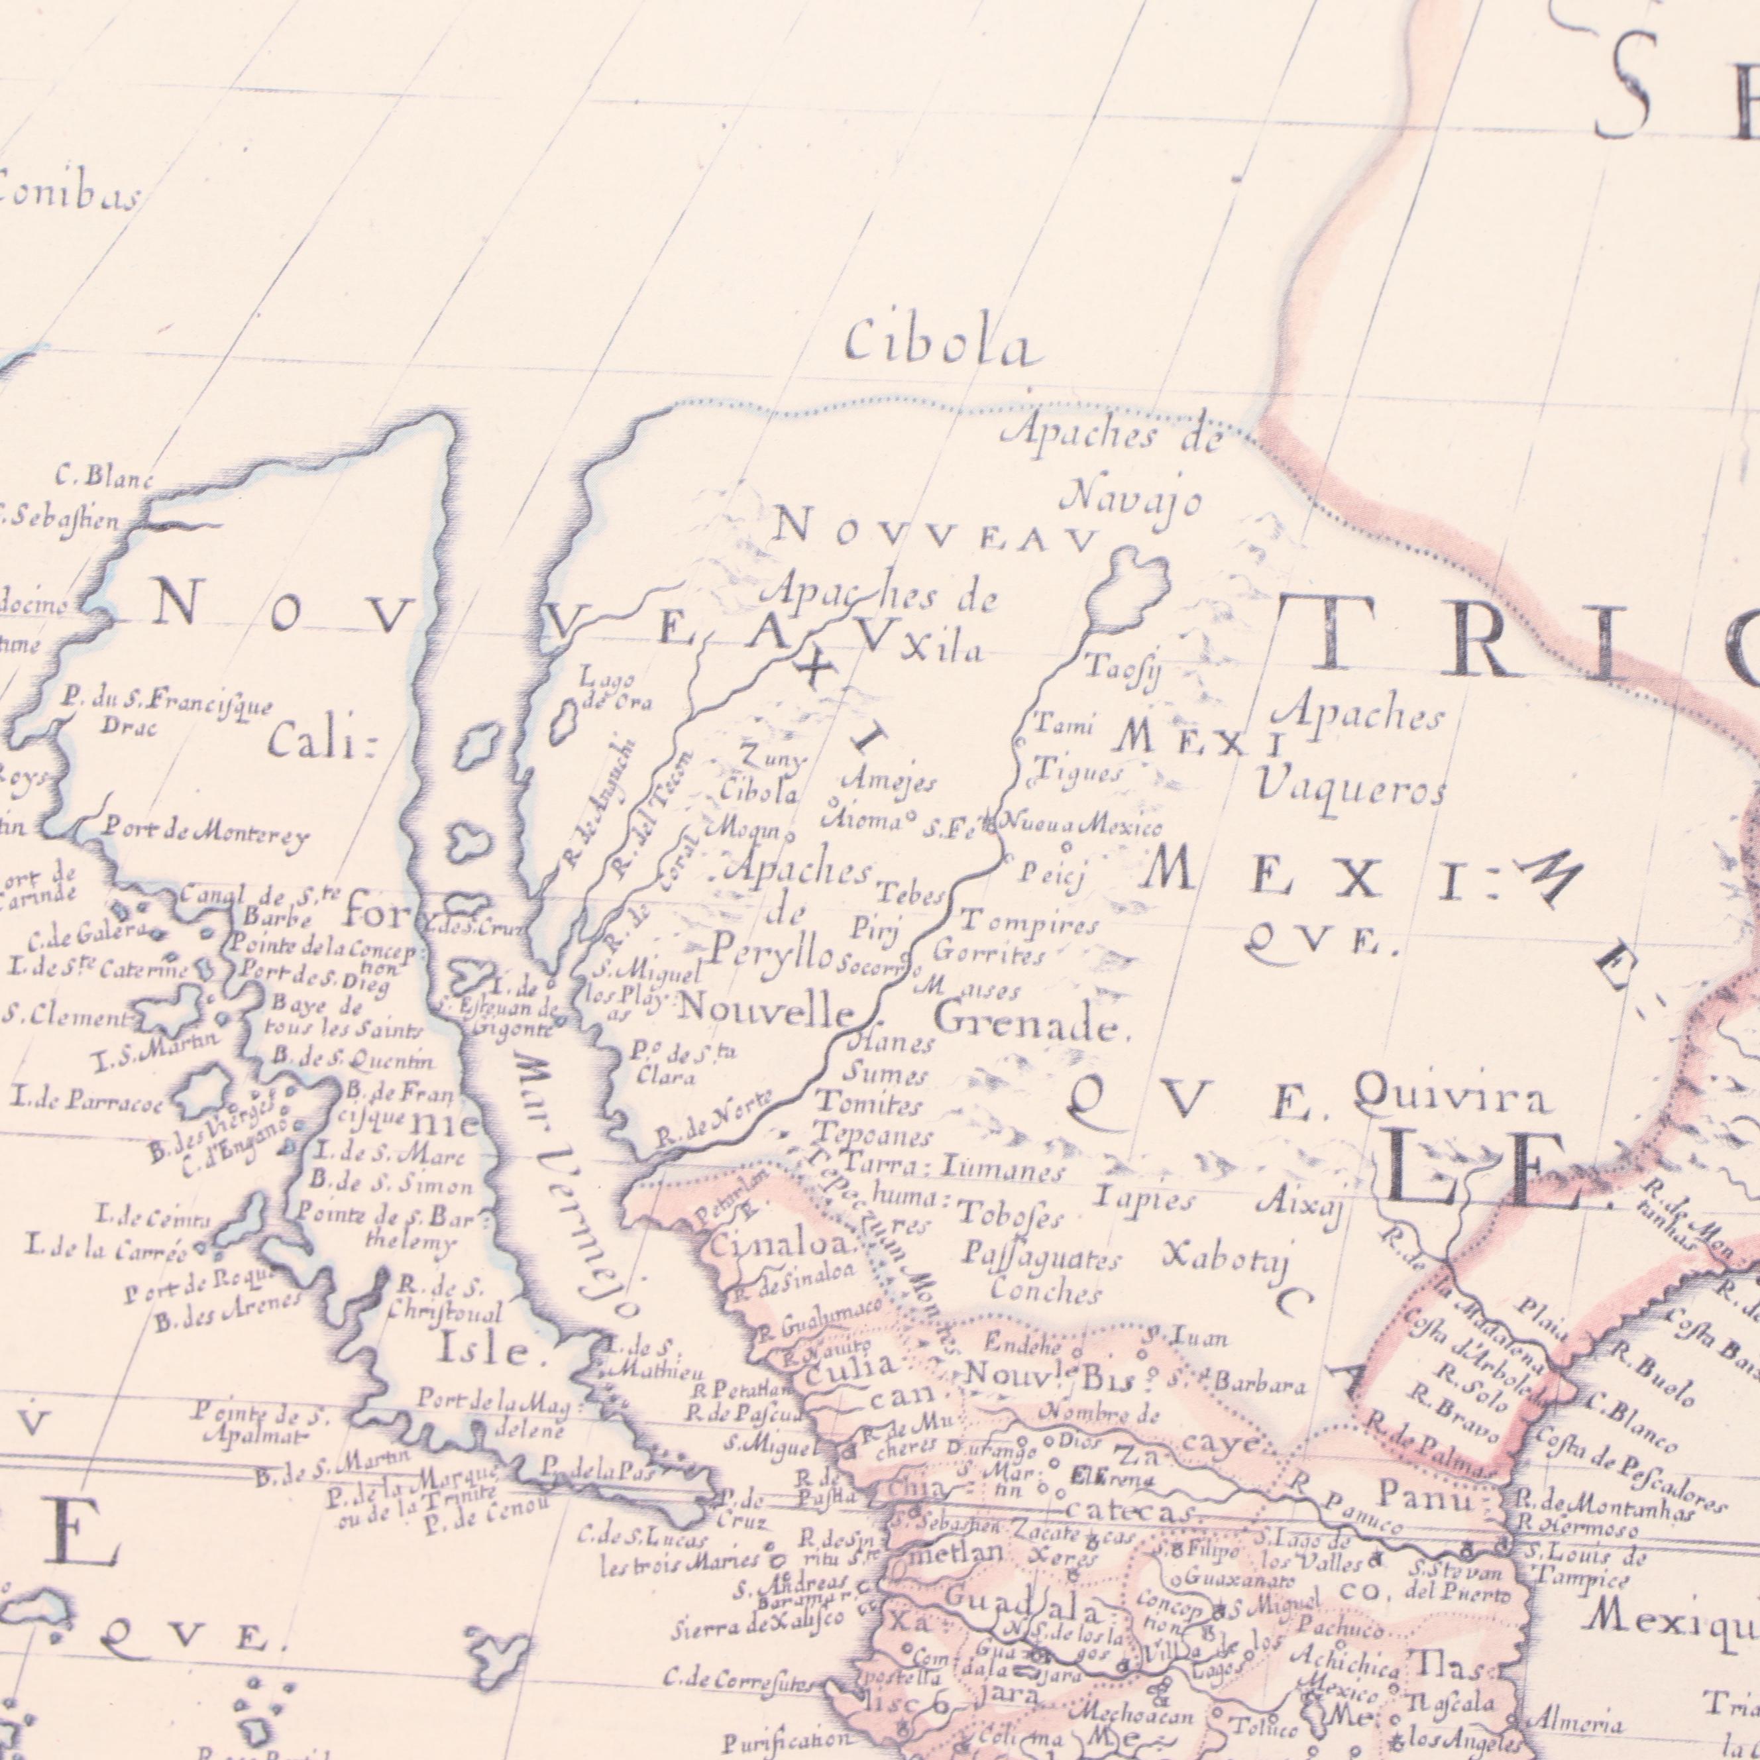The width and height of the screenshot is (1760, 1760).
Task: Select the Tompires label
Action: [x=1029, y=924]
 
